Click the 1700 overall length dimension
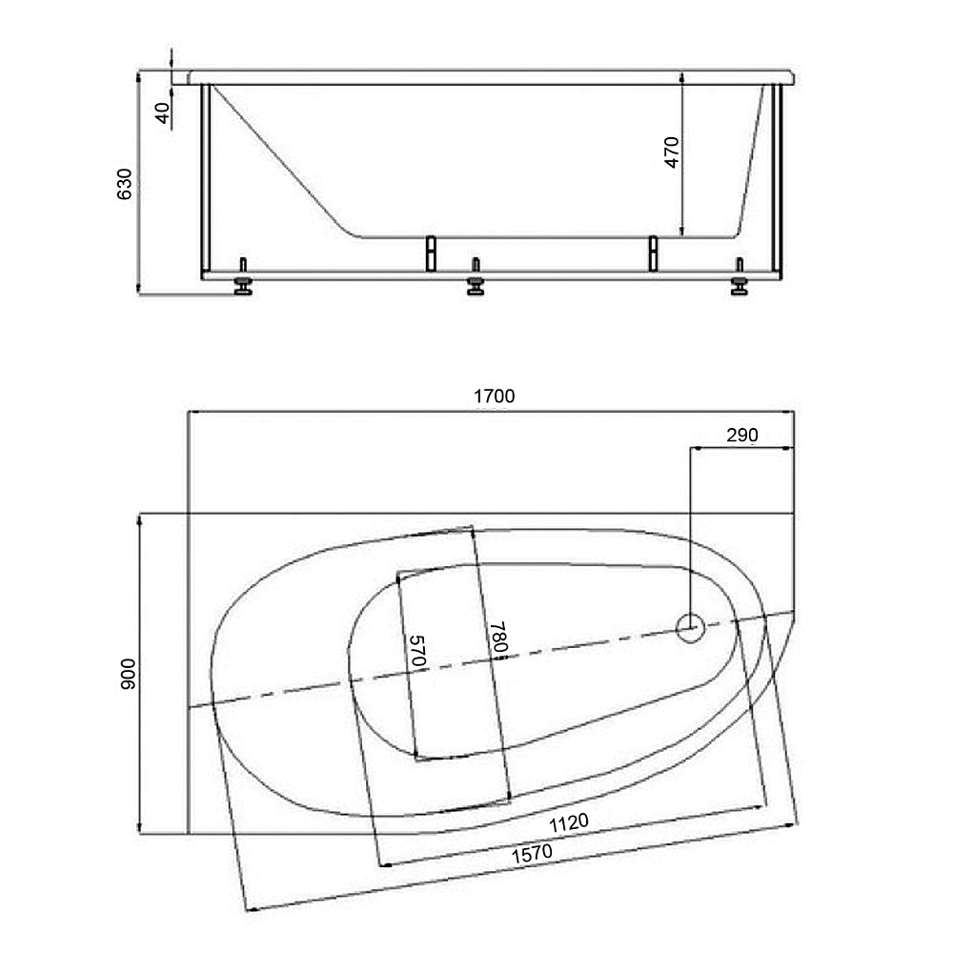(494, 396)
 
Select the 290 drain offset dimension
(742, 436)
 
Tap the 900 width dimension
(129, 674)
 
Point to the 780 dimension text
(498, 637)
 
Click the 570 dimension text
(417, 650)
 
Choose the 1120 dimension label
(569, 823)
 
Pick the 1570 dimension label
(532, 854)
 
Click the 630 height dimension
(124, 184)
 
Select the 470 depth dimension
(671, 152)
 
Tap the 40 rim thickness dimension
(162, 113)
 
